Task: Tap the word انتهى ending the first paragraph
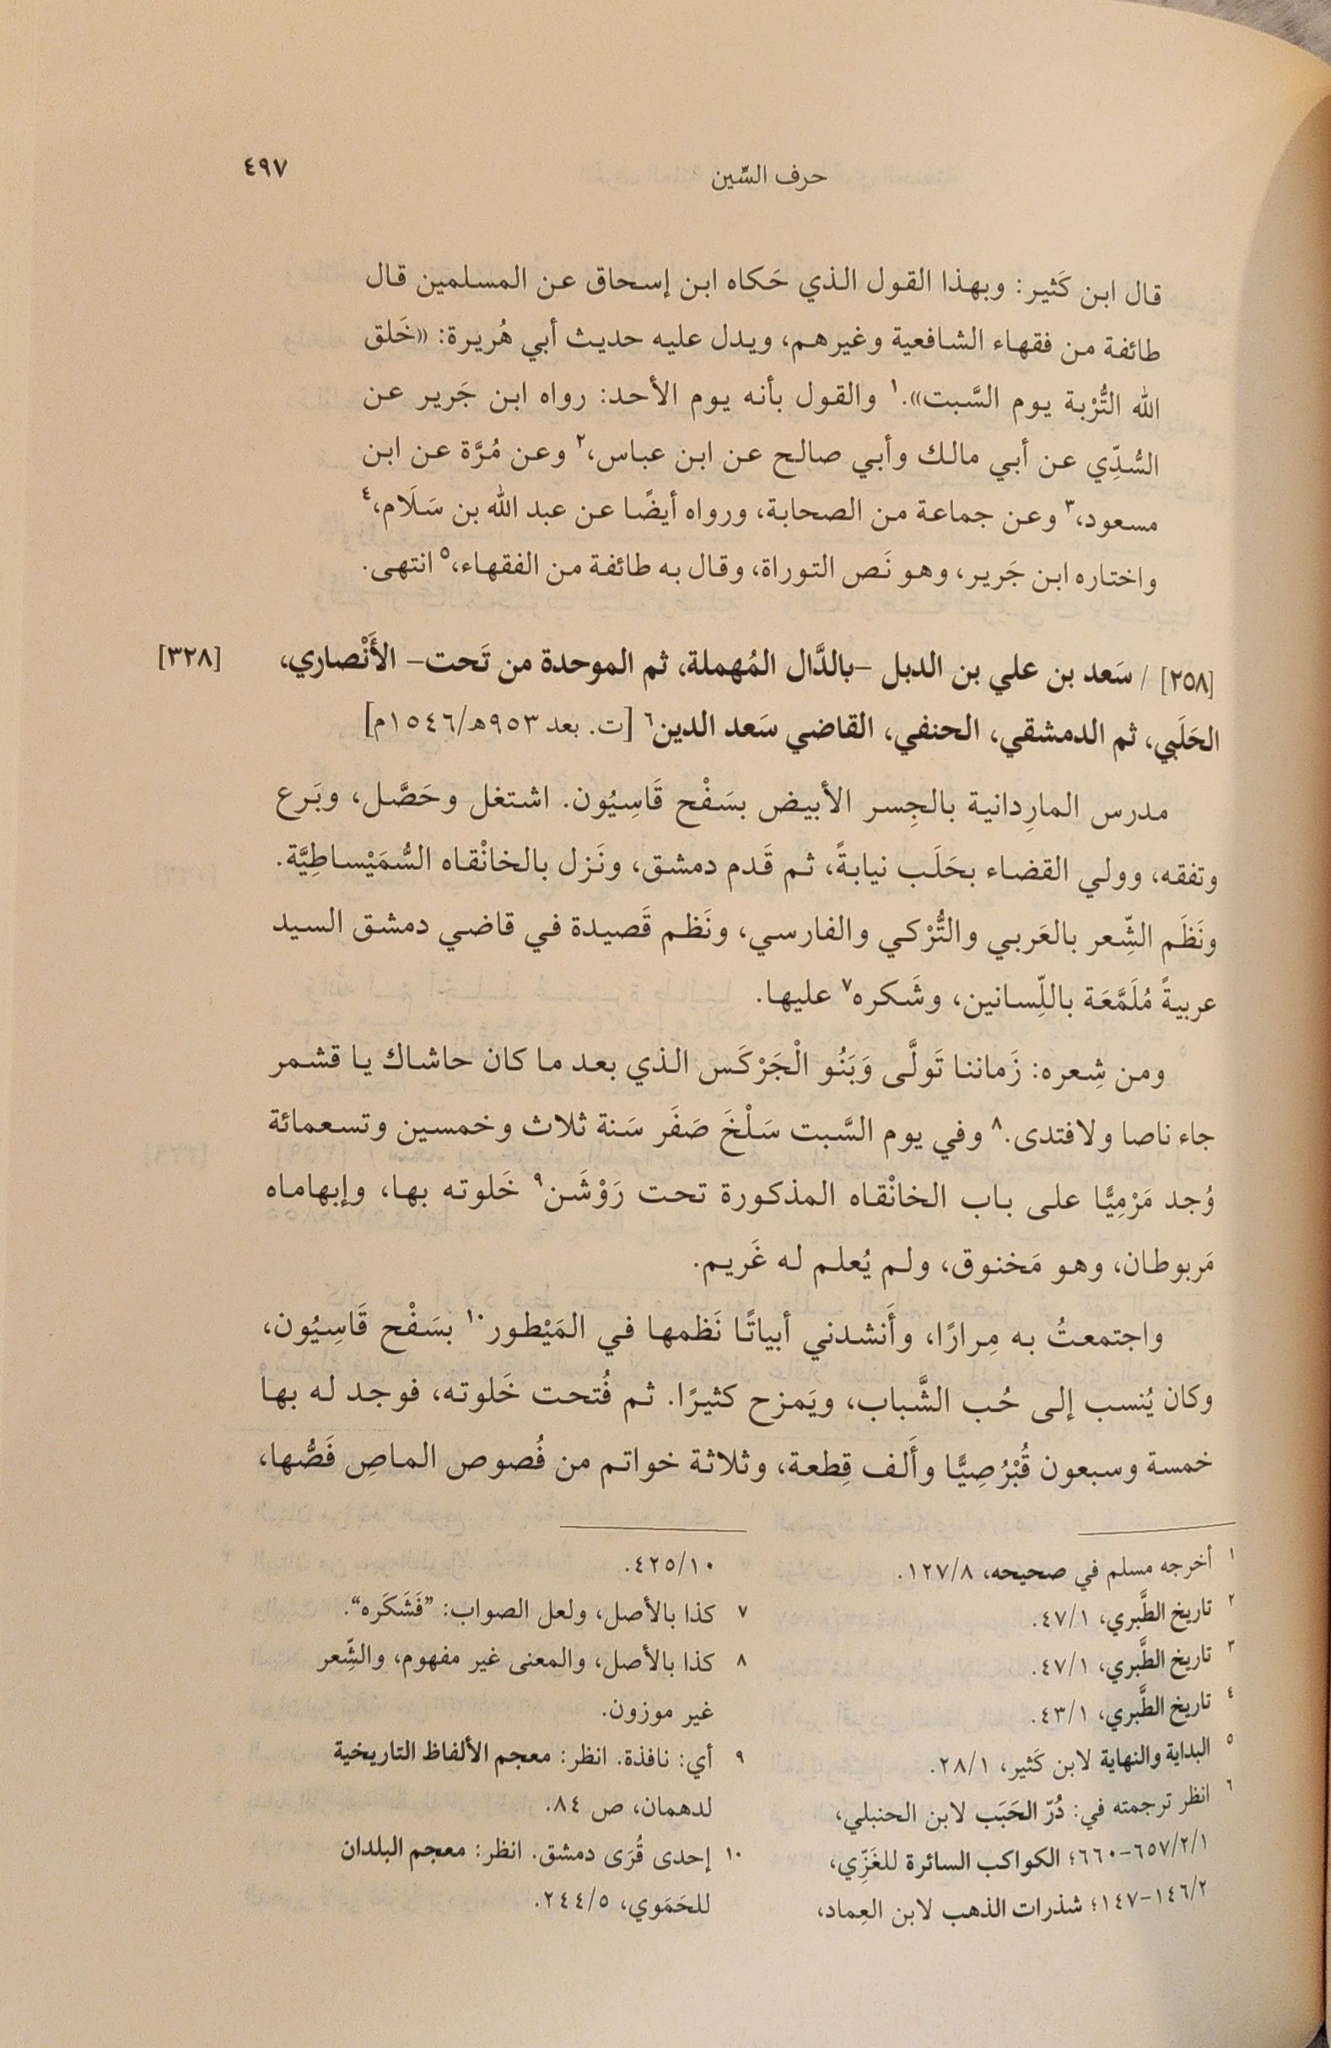[x=397, y=566]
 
